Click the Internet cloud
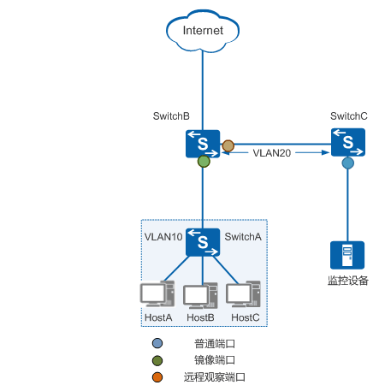pos(203,31)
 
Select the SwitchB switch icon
pos(203,144)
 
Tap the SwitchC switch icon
pos(348,142)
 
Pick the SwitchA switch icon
pos(203,242)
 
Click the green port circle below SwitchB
pos(204,162)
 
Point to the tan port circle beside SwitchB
pos(228,146)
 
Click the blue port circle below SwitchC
pos(348,163)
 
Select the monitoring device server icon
pos(347,255)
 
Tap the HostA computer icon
pos(157,293)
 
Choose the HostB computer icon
pos(200,296)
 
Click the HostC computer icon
pos(243,294)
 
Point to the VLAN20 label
pos(272,153)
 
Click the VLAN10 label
pos(163,237)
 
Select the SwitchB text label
pos(171,116)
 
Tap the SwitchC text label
pos(349,116)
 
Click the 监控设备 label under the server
pos(348,281)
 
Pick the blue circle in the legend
pos(157,343)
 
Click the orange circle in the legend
pos(157,377)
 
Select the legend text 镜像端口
pos(215,360)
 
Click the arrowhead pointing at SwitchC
pos(325,152)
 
